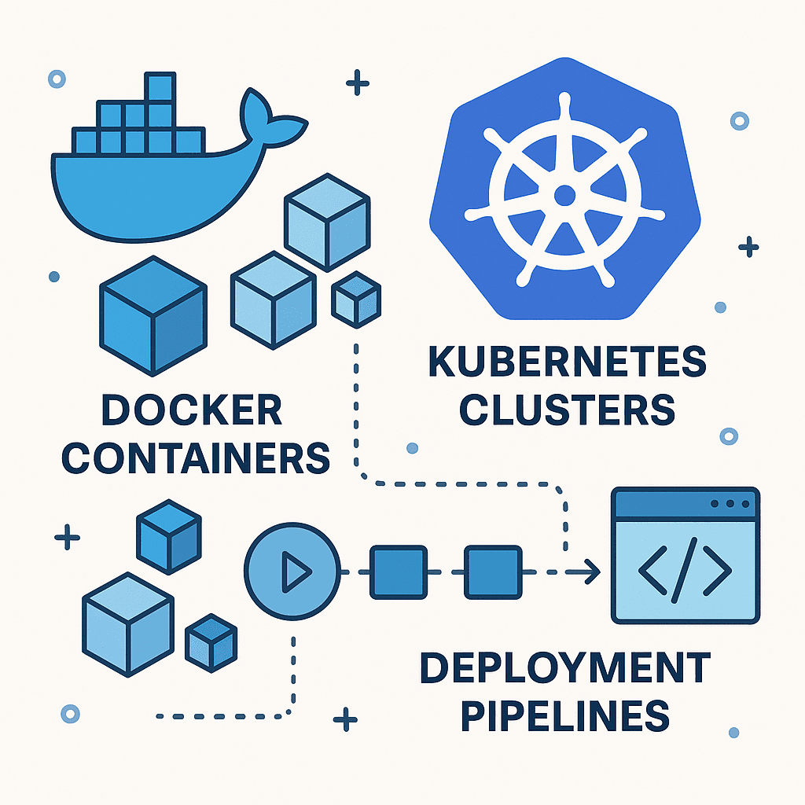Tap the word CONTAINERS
click(196, 458)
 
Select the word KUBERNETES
click(567, 362)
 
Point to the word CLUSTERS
click(567, 410)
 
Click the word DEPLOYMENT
click(564, 668)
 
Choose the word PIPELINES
click(564, 715)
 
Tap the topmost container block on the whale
click(160, 86)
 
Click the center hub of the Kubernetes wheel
click(564, 194)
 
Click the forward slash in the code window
click(685, 568)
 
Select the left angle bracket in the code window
click(652, 568)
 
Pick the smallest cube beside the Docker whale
click(356, 299)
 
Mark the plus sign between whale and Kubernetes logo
click(358, 83)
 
